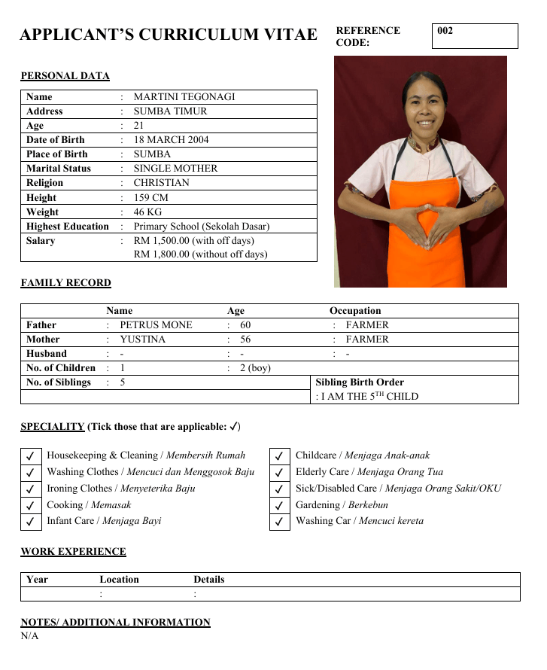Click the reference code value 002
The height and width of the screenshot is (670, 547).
[445, 32]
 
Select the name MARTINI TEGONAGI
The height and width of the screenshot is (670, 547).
[184, 97]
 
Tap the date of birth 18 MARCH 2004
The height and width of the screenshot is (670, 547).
[171, 140]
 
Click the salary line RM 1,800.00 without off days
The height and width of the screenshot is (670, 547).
[200, 254]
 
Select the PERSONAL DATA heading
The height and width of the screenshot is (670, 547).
[65, 76]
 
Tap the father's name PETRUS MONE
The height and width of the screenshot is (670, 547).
[156, 325]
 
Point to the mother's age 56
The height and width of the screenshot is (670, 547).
[245, 340]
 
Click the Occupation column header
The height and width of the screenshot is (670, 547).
[355, 311]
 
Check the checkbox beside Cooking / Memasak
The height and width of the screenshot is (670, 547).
[31, 505]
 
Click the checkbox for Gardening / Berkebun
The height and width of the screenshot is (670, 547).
[279, 505]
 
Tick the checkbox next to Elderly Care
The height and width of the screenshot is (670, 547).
[279, 473]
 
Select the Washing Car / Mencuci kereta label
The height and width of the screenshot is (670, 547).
[359, 521]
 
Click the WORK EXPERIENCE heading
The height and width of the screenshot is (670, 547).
[73, 552]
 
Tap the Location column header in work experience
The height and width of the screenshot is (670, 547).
[119, 580]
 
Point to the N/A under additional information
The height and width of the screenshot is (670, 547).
[29, 636]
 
